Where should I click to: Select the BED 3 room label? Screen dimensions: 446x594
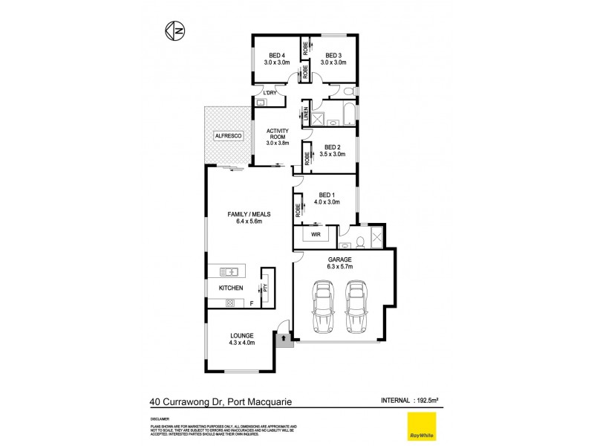(331, 54)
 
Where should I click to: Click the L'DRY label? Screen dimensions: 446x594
(270, 92)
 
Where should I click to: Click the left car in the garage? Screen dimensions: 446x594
(324, 306)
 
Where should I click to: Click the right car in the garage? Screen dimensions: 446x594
(357, 306)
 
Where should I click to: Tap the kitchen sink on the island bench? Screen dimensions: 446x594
(229, 271)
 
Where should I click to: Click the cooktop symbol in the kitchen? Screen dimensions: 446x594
(229, 302)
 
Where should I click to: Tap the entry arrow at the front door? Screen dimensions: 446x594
(283, 338)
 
